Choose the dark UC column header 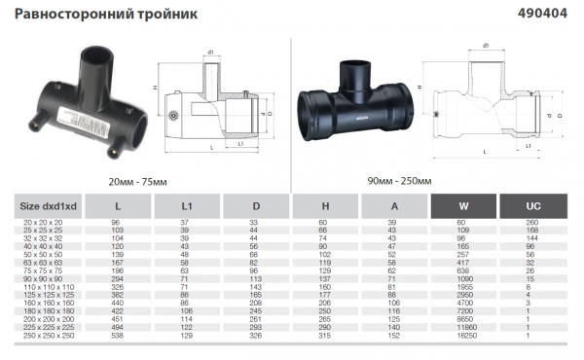pos(532,206)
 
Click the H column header pos(324,206)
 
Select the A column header pos(393,206)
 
